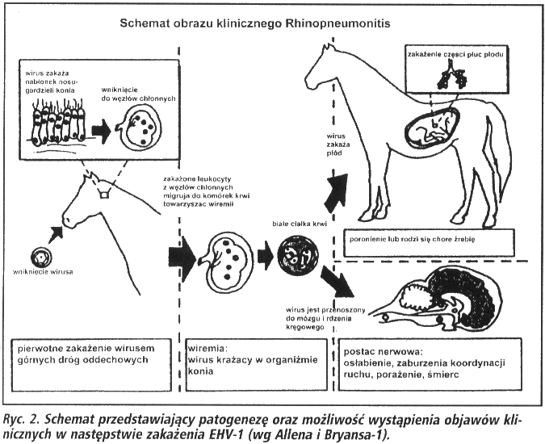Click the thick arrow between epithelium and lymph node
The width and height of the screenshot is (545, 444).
99,130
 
